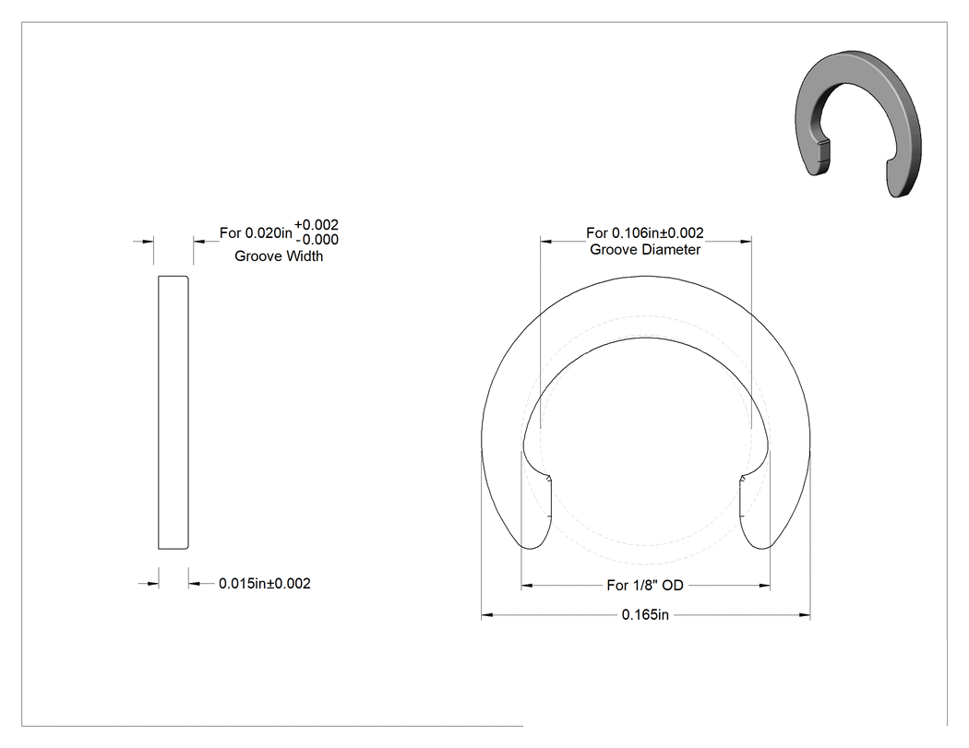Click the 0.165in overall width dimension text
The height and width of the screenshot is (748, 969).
click(645, 614)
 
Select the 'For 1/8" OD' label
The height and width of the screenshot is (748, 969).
click(645, 585)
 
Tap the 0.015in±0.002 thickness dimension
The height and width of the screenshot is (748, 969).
click(265, 583)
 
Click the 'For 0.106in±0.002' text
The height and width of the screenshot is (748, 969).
click(645, 232)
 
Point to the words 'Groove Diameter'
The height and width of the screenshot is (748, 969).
click(645, 250)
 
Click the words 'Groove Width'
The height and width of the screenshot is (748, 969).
click(279, 255)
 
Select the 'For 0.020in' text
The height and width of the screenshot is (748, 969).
click(256, 232)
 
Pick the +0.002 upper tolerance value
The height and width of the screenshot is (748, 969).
click(317, 225)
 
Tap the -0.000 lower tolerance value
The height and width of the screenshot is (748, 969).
click(317, 240)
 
